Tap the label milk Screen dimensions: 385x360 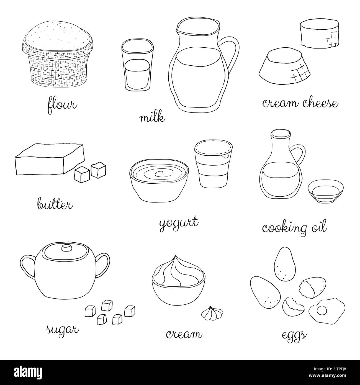(153, 118)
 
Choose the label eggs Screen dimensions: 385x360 (294, 335)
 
